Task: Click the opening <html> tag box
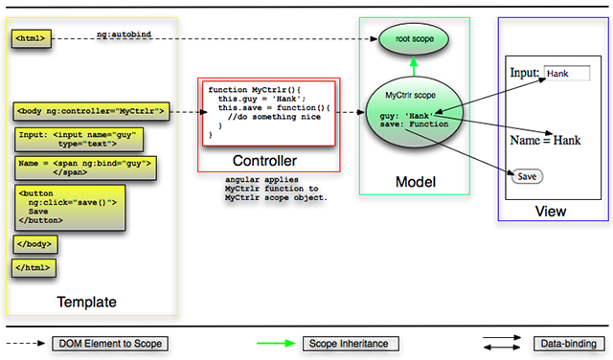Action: coord(32,38)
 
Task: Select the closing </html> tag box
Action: coord(34,268)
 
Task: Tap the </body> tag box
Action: coord(35,244)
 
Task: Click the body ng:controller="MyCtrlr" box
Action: coord(91,111)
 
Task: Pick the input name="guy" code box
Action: coord(79,140)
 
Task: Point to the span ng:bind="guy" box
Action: coord(85,169)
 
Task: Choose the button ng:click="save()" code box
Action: coord(70,208)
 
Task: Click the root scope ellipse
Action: coord(414,39)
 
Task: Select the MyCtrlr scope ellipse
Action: coord(415,112)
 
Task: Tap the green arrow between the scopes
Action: coord(414,66)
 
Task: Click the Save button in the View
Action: coord(527,177)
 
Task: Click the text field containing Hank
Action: coord(567,74)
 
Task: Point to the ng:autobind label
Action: coord(124,34)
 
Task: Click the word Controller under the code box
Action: coord(264,161)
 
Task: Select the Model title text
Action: coord(416,182)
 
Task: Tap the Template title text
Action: coord(87,302)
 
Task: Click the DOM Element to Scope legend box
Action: coord(110,344)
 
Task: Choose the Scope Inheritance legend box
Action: coord(351,344)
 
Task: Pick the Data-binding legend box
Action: coord(569,344)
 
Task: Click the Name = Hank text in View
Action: coord(545,140)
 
